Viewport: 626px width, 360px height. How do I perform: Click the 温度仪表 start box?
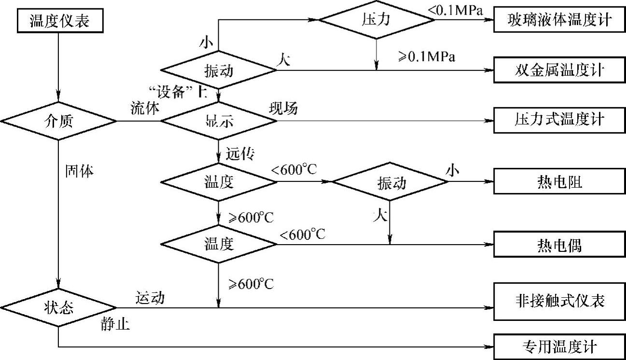click(59, 20)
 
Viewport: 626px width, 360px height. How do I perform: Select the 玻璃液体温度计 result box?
click(559, 20)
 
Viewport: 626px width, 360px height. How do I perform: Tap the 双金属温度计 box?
click(559, 70)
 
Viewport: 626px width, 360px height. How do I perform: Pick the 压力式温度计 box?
click(559, 120)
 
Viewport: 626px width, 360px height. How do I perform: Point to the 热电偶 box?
click(559, 245)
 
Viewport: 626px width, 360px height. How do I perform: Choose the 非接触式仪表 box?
click(559, 302)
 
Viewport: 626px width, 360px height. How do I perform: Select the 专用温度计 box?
click(559, 346)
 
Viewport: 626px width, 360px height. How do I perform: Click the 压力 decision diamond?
click(376, 20)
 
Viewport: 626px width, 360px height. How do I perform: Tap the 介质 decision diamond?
click(58, 121)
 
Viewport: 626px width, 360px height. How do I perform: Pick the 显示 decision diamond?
click(219, 121)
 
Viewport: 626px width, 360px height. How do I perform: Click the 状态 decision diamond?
click(58, 308)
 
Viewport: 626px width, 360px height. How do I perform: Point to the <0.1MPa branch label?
click(457, 8)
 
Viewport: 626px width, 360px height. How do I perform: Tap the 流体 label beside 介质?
click(144, 109)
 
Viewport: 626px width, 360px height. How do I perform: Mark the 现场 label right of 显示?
click(283, 109)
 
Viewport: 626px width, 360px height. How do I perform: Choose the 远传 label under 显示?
click(240, 154)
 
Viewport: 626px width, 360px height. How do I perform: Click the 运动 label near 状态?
click(150, 298)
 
